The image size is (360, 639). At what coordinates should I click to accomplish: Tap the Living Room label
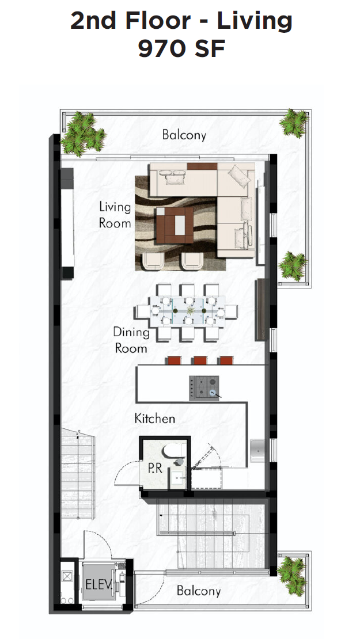tap(115, 214)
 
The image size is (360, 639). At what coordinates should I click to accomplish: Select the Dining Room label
tap(131, 340)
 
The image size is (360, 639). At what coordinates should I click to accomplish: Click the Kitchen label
tap(154, 418)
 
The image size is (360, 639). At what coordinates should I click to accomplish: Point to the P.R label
tap(155, 468)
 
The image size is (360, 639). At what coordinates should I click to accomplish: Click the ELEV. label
tap(98, 585)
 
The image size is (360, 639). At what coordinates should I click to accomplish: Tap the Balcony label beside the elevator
tap(198, 591)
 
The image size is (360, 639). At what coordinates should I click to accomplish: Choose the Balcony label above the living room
tap(184, 135)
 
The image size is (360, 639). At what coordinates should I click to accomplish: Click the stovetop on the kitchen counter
tap(204, 387)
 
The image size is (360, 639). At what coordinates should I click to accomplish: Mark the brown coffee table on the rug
tap(176, 225)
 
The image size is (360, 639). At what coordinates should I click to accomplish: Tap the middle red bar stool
tap(200, 361)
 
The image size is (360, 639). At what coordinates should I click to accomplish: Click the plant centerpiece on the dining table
tap(189, 311)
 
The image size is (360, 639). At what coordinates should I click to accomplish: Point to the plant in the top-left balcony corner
tap(83, 134)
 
